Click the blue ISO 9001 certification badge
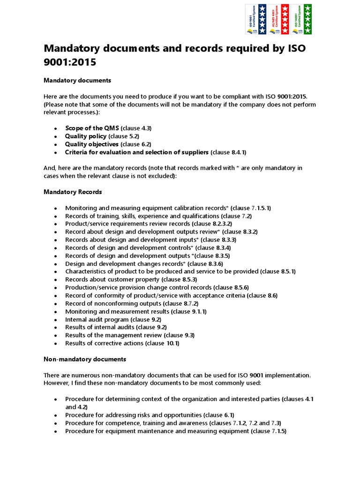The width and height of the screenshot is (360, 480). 256,19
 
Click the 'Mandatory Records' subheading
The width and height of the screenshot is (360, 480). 73,192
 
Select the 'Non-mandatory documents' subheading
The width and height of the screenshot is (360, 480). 85,359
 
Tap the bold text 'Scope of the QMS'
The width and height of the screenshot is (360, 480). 92,128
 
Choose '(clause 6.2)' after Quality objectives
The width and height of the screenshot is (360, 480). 135,144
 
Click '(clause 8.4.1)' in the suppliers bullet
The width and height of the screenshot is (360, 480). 228,152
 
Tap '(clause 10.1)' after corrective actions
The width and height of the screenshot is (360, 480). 162,343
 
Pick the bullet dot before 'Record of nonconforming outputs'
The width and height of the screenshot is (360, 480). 56,304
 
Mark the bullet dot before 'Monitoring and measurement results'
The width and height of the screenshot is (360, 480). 56,312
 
